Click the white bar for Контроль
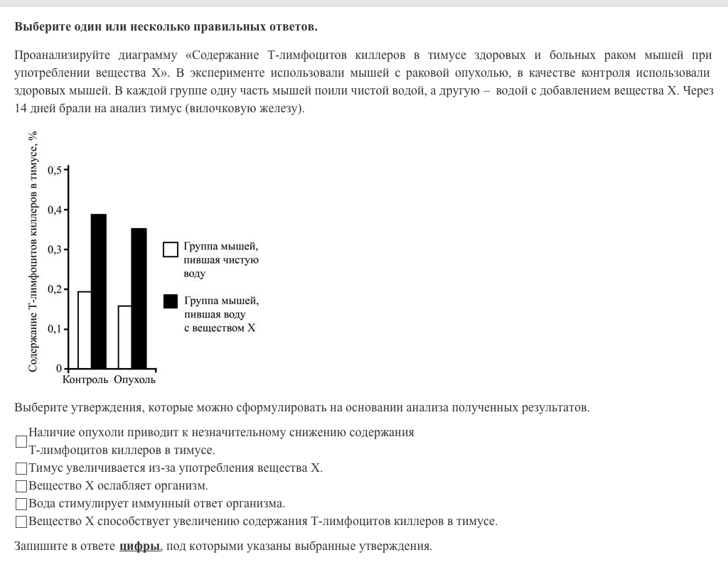(x=85, y=330)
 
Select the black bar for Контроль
(x=99, y=291)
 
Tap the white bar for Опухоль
(x=125, y=337)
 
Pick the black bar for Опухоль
(x=139, y=298)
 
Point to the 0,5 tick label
(x=55, y=170)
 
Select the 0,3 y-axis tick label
(x=55, y=249)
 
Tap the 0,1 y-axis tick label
(x=55, y=329)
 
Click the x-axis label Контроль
(x=85, y=379)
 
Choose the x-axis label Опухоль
(x=134, y=379)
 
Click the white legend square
(x=171, y=249)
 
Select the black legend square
(x=171, y=301)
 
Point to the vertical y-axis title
(x=33, y=252)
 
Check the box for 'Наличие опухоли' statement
(x=21, y=441)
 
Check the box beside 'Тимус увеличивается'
(x=21, y=468)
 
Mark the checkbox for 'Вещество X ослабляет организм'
(x=21, y=486)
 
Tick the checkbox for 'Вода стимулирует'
(x=21, y=504)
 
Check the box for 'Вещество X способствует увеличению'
(x=21, y=522)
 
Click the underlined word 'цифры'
(x=139, y=546)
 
